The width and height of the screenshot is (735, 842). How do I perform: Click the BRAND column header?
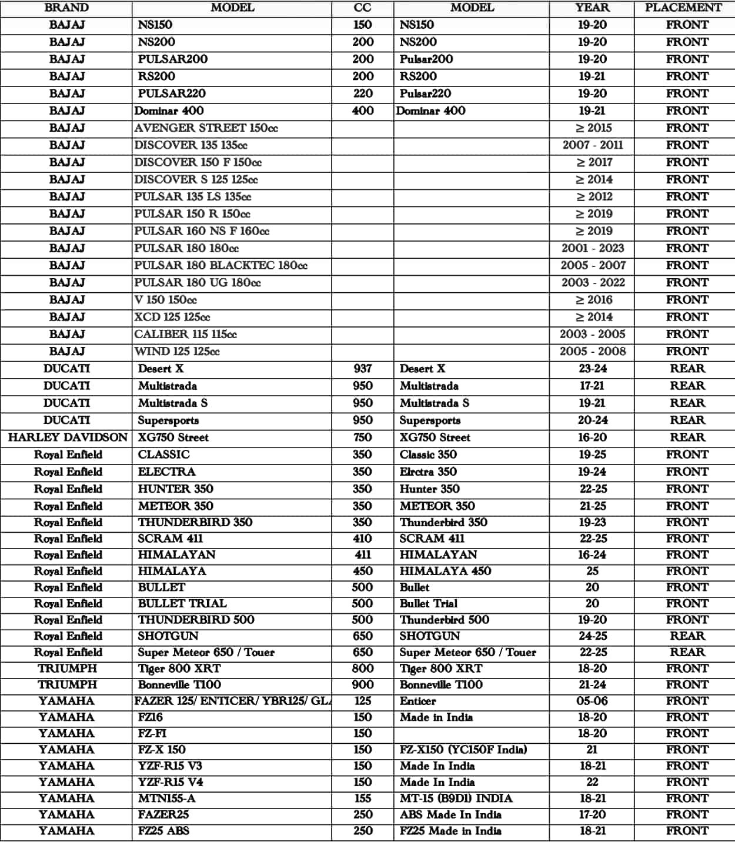pos(66,8)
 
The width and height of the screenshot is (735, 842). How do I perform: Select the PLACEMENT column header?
pos(683,8)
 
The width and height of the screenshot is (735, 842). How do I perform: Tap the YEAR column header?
pos(592,8)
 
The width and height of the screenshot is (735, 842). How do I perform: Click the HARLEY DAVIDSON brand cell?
pos(67,437)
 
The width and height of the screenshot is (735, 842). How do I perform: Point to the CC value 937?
pos(363,369)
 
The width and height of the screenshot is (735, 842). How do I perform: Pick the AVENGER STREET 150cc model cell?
pos(206,128)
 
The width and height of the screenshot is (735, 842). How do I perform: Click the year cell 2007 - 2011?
pos(592,145)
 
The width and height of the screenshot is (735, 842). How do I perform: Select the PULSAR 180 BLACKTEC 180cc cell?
pos(221,266)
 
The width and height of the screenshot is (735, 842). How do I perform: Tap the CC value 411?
pos(363,555)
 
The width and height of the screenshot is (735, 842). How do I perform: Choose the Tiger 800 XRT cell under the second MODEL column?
pos(441,669)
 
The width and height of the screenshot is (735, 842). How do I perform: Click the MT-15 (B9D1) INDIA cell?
pos(456,798)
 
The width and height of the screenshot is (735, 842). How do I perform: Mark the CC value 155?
pos(363,798)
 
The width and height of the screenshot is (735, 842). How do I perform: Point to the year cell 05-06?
pos(592,701)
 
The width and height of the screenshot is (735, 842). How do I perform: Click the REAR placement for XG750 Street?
pos(687,437)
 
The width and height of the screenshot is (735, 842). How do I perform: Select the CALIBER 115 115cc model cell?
pos(186,335)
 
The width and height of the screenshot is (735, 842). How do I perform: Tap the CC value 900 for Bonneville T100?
pos(363,685)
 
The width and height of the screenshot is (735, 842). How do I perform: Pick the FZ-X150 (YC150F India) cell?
pos(463,750)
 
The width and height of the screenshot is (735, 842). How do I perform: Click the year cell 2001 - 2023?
pos(592,249)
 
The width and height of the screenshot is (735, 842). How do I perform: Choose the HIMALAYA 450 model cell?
pos(445,571)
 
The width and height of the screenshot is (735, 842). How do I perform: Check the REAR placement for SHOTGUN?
pos(687,636)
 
